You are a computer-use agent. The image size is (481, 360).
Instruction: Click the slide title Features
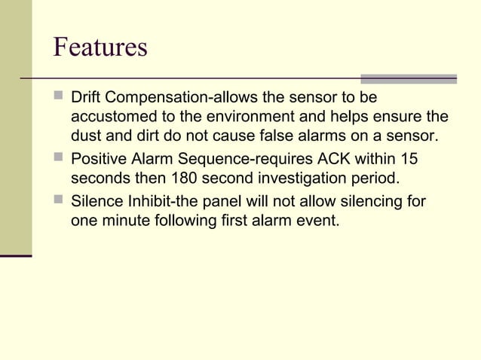click(100, 47)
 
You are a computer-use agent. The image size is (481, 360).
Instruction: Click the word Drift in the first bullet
click(86, 98)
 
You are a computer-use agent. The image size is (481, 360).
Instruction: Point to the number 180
click(185, 180)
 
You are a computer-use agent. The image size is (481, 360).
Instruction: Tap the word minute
click(127, 221)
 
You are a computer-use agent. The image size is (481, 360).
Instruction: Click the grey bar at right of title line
click(408, 78)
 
